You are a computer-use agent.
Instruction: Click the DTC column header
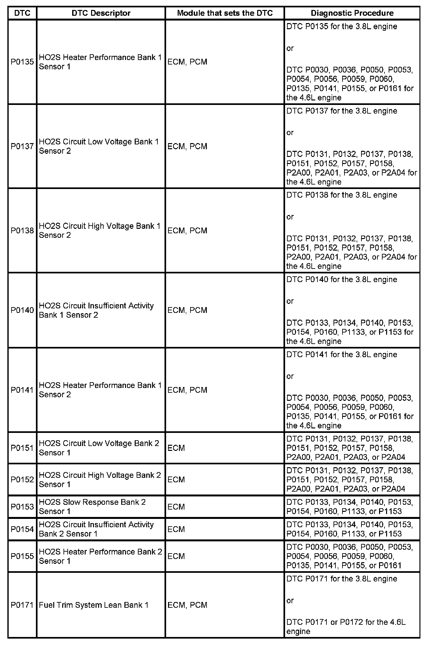pos(22,13)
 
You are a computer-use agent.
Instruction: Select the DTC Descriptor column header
pos(101,13)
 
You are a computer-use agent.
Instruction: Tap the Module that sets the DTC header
pos(225,13)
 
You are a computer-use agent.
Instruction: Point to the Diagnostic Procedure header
pos(352,13)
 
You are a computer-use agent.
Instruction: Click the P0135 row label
pos(22,62)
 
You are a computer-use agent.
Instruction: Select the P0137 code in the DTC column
pos(22,146)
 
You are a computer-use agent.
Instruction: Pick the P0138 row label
pos(22,231)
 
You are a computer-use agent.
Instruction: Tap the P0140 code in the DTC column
pos(22,310)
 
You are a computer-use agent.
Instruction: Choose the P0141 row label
pos(22,390)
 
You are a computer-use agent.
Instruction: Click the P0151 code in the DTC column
pos(22,448)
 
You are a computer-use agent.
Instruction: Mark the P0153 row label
pos(22,507)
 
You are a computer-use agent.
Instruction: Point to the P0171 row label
pos(22,605)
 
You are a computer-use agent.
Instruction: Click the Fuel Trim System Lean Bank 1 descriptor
pos(94,605)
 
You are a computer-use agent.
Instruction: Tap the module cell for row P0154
pos(176,529)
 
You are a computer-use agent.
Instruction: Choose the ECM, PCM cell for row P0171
pos(187,605)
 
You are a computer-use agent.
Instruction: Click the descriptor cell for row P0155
pos(101,556)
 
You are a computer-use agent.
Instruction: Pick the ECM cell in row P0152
pos(176,480)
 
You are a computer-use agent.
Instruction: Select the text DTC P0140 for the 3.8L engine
pos(342,279)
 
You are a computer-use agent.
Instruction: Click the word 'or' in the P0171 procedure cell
pos(290,600)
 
